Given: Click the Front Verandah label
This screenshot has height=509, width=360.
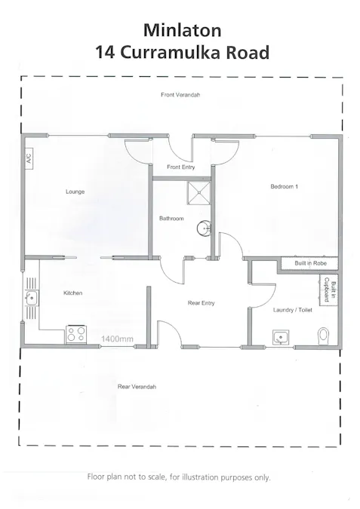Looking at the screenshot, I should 180,94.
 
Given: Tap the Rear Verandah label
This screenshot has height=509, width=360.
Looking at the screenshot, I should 137,386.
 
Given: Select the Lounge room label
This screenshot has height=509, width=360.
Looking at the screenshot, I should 75,192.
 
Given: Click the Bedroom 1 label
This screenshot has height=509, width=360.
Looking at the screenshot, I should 285,186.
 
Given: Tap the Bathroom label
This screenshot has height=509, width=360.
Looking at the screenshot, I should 171,219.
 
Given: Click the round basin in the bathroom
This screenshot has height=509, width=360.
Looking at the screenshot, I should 202,228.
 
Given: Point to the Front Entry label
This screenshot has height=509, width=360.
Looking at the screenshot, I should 181,167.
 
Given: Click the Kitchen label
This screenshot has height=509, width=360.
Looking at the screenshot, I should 72,293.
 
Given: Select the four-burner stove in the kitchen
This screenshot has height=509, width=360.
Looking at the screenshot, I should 75,333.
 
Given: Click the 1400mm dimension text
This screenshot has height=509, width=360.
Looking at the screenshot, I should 118,339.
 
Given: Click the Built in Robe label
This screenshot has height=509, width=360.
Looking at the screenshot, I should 309,263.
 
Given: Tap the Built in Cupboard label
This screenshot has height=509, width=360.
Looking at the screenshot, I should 329,288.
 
